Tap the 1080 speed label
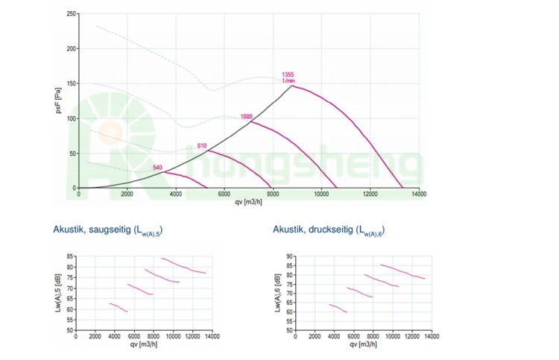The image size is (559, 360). (247, 117)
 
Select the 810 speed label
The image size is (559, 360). (202, 145)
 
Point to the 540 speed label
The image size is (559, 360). (157, 168)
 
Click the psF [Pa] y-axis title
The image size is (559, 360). (58, 101)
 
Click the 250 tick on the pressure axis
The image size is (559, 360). (70, 14)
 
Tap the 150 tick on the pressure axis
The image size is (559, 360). (70, 84)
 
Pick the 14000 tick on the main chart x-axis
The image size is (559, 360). (419, 195)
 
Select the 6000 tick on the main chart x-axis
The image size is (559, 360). (224, 195)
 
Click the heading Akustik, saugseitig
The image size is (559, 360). (108, 231)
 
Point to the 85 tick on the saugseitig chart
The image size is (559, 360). (70, 256)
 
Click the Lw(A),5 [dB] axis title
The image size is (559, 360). (58, 293)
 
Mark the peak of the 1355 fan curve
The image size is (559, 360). (291, 86)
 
